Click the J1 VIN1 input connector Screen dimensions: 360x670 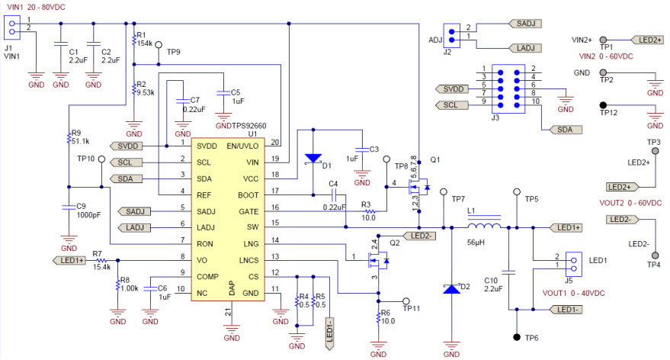coord(11,28)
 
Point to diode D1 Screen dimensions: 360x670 coord(313,159)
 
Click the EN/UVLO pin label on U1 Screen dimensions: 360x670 coord(242,145)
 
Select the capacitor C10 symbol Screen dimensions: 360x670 coord(511,270)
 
